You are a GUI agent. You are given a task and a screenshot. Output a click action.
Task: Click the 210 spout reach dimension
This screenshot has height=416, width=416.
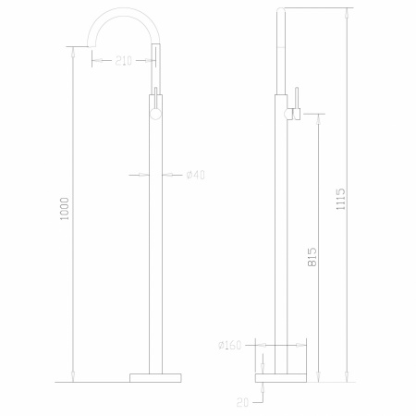click(123, 61)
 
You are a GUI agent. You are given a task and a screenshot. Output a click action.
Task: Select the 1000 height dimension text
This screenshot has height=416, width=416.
click(65, 209)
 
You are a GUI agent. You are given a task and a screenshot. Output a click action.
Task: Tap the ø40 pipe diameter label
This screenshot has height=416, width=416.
click(195, 175)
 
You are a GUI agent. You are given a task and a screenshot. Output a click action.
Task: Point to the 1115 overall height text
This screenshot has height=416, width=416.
click(341, 200)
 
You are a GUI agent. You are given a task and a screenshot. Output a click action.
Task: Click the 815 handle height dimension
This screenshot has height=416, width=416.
click(312, 257)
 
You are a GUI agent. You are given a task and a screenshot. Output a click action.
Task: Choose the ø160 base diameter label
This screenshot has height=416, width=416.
click(229, 345)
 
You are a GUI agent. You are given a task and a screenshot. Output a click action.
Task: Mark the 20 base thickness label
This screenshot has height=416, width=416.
click(243, 402)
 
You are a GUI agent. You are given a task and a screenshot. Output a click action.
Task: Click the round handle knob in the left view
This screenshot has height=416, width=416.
click(155, 114)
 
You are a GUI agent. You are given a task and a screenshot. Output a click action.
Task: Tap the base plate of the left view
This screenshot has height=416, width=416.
click(155, 378)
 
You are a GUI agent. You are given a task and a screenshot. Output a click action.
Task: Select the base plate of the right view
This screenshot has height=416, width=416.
click(281, 378)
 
